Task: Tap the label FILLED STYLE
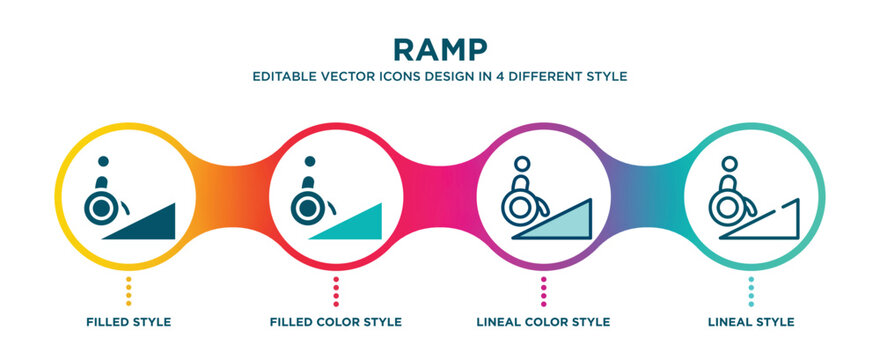click(x=128, y=322)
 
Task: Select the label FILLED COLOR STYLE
click(x=336, y=322)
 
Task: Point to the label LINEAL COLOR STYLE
click(x=543, y=322)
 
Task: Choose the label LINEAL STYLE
click(x=751, y=322)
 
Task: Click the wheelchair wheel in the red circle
click(x=308, y=208)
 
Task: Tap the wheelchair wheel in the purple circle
click(x=519, y=208)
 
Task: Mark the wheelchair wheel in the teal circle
click(x=727, y=208)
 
